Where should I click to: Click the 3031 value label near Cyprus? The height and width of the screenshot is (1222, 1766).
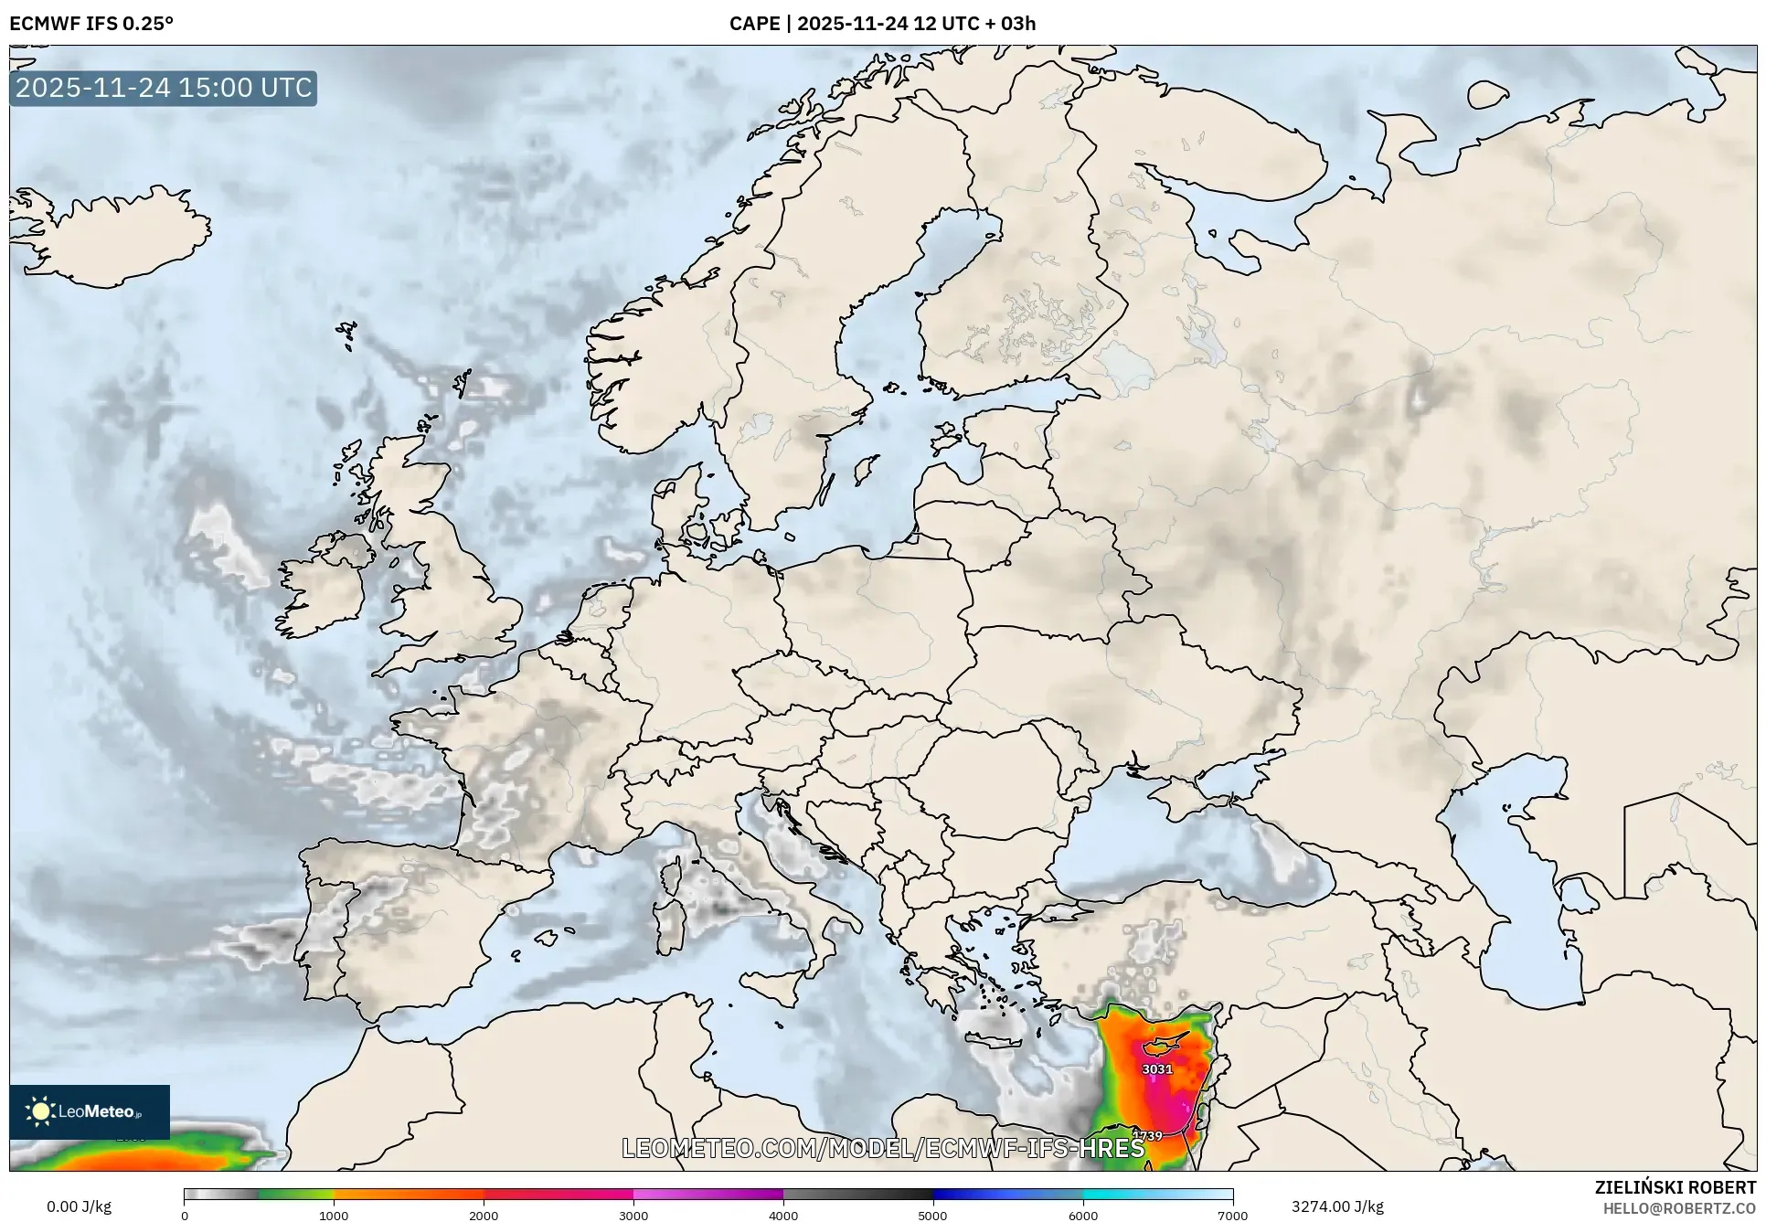coord(1156,1068)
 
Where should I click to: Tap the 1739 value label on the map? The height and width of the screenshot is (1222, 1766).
coord(1147,1136)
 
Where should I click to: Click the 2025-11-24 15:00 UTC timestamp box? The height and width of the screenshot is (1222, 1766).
coord(164,88)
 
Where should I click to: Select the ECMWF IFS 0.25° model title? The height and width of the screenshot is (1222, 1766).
coord(91,24)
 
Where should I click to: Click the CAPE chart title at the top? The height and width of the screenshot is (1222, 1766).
coord(882,24)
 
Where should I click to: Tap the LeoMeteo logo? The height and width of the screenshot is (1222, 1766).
coord(90,1111)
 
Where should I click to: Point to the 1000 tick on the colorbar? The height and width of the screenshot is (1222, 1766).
coord(334,1215)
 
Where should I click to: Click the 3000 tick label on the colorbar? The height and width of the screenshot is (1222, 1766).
coord(633,1215)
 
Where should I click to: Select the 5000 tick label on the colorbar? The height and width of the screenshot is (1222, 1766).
coord(932,1215)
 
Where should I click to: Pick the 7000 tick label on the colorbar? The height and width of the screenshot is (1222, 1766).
coord(1232,1215)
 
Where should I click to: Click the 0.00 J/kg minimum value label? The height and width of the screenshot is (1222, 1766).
coord(80,1206)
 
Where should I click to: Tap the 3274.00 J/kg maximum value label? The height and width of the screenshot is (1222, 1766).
coord(1337,1206)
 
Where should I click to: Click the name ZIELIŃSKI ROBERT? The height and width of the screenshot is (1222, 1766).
coord(1675,1187)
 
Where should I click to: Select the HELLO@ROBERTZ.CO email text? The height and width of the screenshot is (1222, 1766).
coord(1679,1208)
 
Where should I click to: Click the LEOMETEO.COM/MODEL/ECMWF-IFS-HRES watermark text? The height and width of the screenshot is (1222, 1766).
coord(883,1148)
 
